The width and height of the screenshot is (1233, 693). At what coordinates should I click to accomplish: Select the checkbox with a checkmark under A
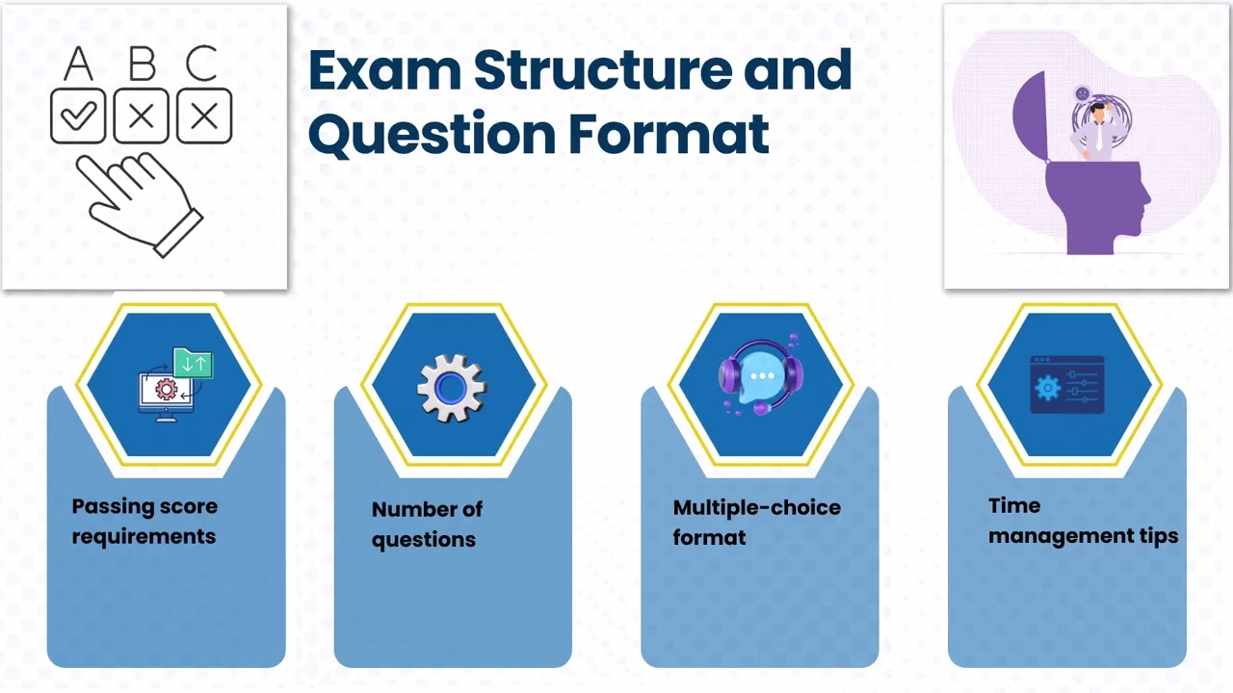78,116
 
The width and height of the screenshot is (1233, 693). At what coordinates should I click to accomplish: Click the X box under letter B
142,116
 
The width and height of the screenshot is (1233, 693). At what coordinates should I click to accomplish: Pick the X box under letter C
204,116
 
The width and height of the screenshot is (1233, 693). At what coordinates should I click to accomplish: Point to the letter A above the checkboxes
78,64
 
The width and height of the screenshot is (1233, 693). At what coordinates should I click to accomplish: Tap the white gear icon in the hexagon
451,387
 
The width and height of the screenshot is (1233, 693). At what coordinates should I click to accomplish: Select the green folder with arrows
193,363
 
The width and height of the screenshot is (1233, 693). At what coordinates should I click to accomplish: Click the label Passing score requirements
144,521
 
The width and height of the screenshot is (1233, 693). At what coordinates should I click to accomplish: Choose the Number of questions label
427,524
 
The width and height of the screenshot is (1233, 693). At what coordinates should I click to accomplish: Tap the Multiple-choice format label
756,522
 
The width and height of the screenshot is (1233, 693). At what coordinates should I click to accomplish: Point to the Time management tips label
1083,521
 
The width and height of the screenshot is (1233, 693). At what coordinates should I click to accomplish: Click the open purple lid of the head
1028,115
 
